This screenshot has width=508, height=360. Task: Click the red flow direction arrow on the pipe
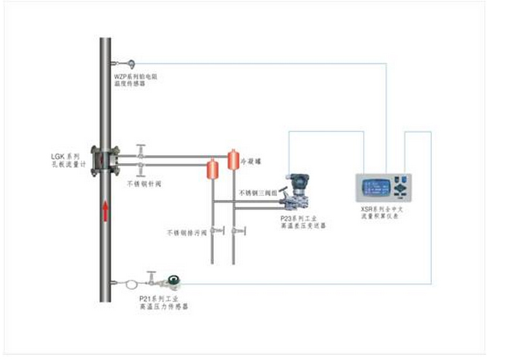pos(106,211)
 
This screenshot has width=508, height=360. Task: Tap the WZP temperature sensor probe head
pos(131,63)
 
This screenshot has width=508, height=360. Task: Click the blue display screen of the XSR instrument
pos(374,185)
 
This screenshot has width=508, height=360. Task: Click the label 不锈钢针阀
pos(149,184)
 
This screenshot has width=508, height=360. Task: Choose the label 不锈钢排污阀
pos(187,233)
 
